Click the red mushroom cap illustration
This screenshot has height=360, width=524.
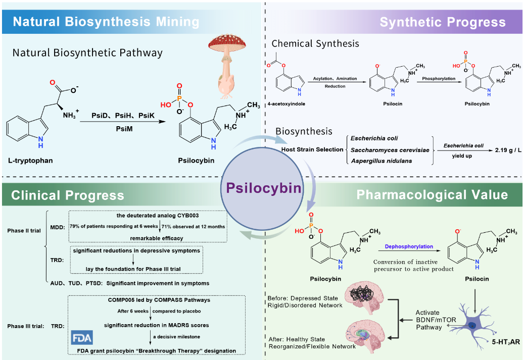[x=227, y=43]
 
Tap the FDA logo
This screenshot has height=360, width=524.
[x=82, y=338]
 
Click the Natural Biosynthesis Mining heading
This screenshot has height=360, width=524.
[x=106, y=22]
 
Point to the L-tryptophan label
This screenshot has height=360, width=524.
[x=30, y=161]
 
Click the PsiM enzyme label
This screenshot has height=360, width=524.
[x=124, y=129]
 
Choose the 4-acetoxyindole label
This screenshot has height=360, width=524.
[x=287, y=104]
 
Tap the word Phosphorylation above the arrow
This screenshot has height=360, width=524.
[x=439, y=78]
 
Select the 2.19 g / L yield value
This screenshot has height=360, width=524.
[x=508, y=150]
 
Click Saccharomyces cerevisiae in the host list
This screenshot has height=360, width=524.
[x=390, y=150]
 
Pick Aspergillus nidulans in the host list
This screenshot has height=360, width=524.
[x=382, y=161]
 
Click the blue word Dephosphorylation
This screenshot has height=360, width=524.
[x=409, y=246]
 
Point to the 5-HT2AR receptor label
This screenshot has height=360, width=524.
[x=506, y=342]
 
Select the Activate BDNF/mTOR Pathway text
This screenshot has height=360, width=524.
[x=436, y=320]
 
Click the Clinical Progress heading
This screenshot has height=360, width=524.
[x=68, y=195]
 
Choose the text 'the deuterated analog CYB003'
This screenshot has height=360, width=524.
[x=158, y=216]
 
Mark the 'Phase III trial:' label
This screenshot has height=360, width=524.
[x=26, y=326]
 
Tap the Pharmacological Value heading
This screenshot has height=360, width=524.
[x=432, y=195]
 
